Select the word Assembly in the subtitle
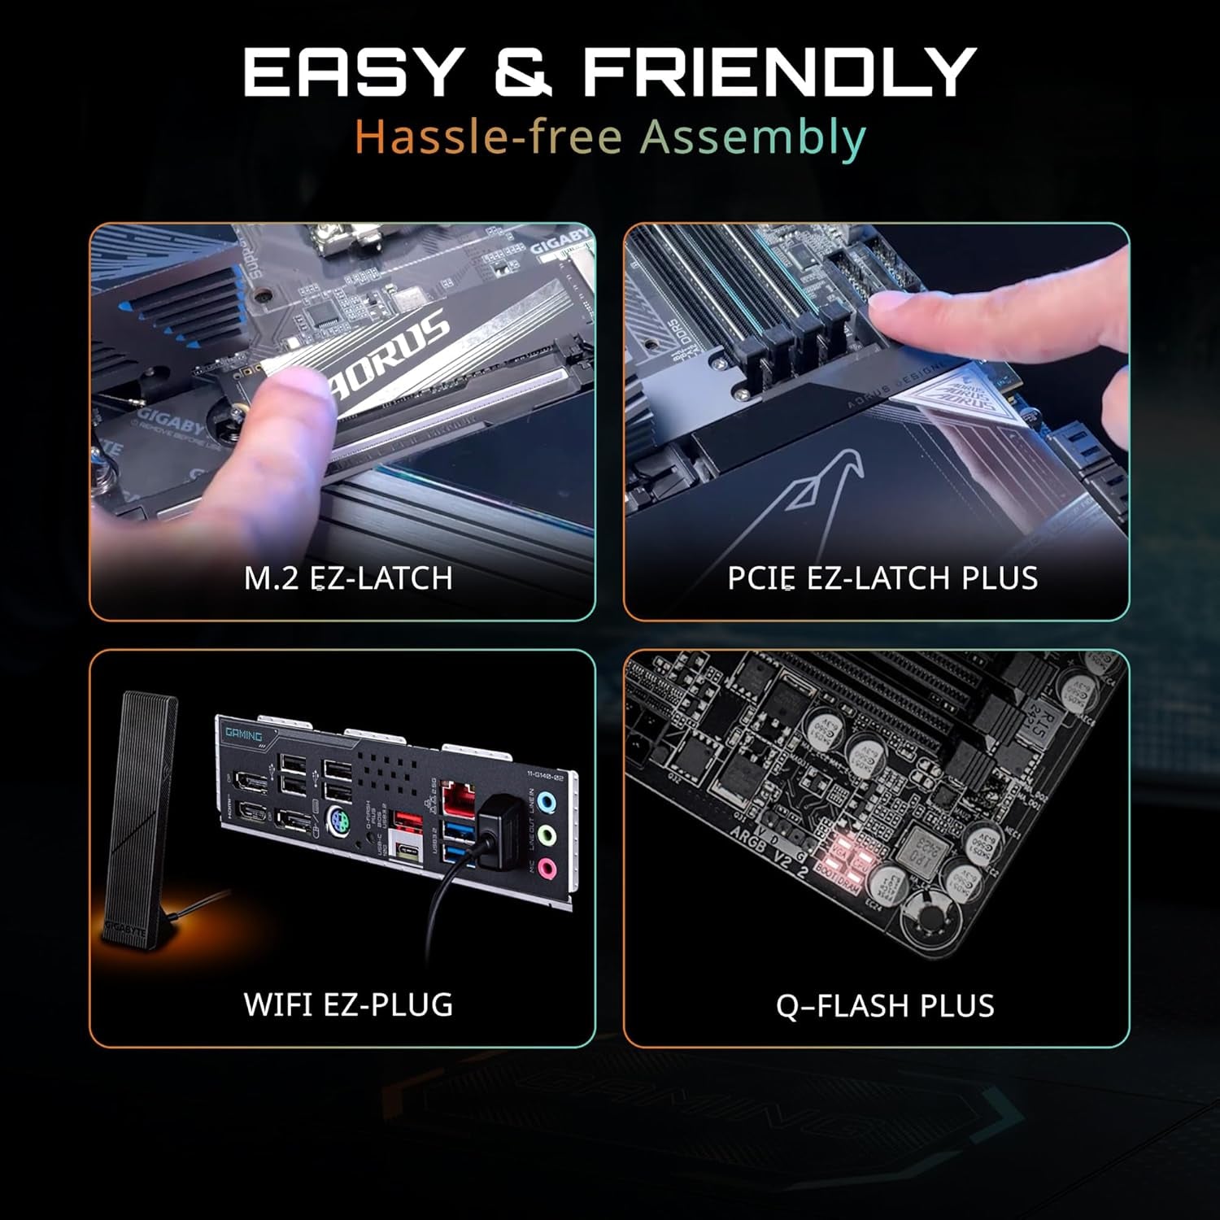coord(752,137)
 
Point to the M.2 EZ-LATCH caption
coord(348,578)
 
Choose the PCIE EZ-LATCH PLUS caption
coord(882,578)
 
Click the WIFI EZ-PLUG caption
coord(348,1004)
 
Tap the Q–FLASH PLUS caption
coord(885,1006)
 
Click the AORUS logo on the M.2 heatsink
coord(390,354)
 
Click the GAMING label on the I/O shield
coord(243,734)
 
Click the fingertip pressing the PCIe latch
coord(887,309)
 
